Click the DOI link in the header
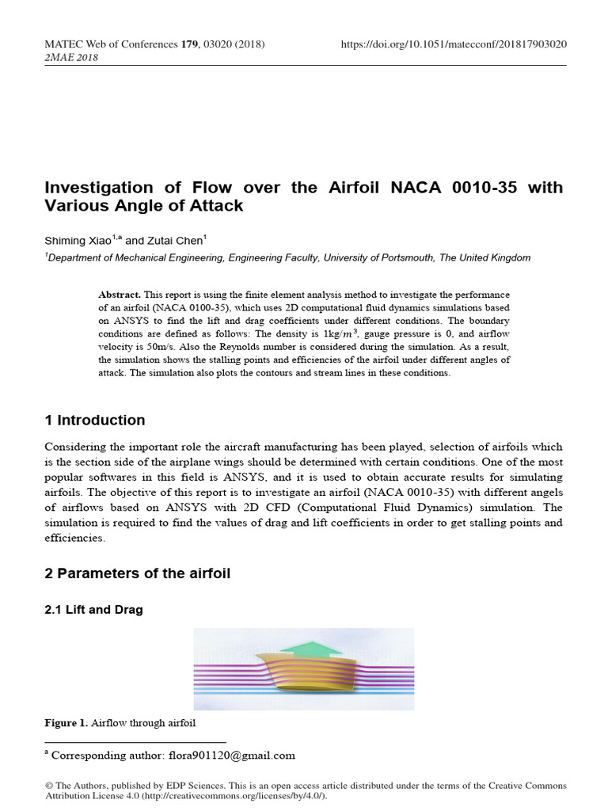click(x=453, y=44)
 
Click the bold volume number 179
click(x=188, y=44)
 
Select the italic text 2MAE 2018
click(x=71, y=58)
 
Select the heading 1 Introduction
click(x=94, y=420)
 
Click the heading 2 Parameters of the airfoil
click(x=137, y=573)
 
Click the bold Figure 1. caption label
click(x=66, y=723)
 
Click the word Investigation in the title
click(x=98, y=188)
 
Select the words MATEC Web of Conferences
click(x=110, y=44)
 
